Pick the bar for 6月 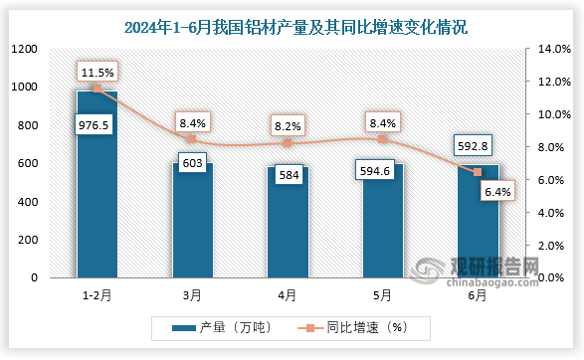coord(478,224)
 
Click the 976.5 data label coord(97,126)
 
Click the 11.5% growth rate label coord(97,72)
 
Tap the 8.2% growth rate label coord(288,126)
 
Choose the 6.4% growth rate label coord(495,192)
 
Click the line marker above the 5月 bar coord(382,139)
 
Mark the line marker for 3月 coord(192,139)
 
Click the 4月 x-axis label coord(288,294)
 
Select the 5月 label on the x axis coord(382,294)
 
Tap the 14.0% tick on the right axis coord(553,49)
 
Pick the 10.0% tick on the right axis coord(553,114)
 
